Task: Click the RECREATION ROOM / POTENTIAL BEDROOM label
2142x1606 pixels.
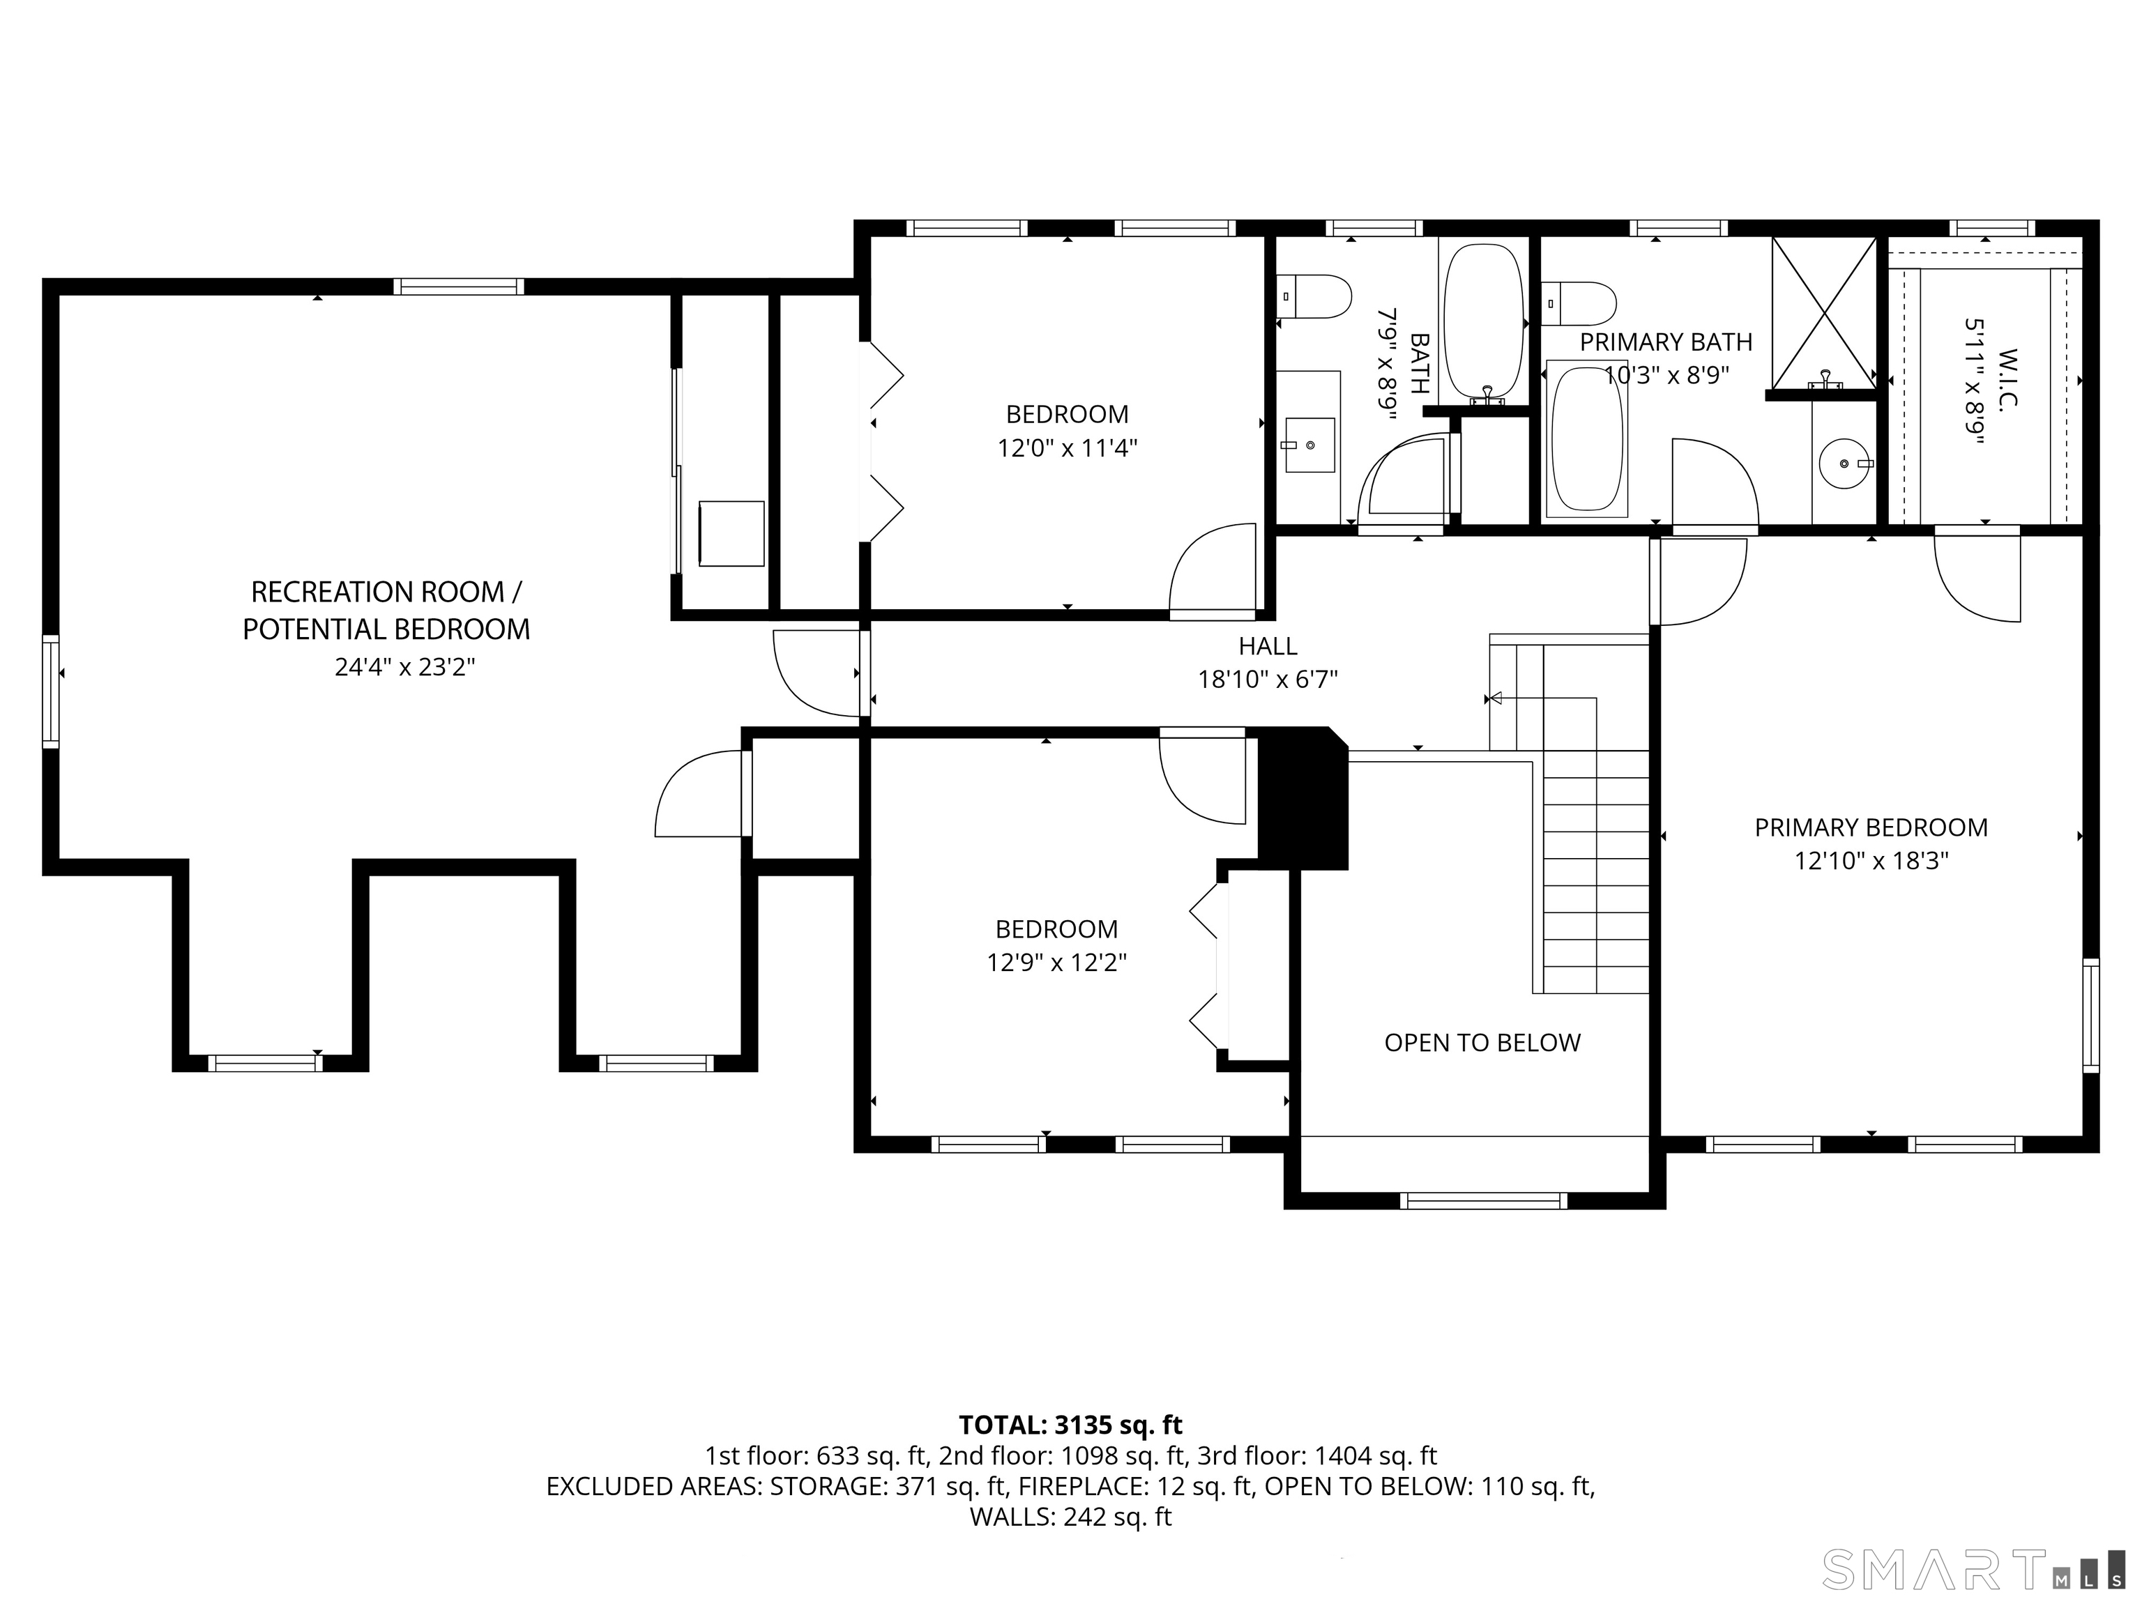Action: point(386,610)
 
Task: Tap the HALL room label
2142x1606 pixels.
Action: point(1268,645)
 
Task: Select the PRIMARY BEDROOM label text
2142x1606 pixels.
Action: point(1871,827)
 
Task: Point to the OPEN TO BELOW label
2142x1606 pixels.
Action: point(1482,1043)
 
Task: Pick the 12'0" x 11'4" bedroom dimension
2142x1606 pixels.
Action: point(1067,448)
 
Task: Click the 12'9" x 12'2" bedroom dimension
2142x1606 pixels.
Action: point(1056,963)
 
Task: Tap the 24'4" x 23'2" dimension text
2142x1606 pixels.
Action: point(405,667)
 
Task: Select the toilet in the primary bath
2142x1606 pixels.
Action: point(1579,303)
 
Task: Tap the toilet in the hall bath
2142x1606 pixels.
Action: point(1314,296)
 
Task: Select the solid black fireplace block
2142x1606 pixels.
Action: point(1303,799)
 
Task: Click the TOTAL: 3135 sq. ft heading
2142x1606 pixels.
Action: point(1070,1425)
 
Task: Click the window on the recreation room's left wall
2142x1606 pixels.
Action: point(50,691)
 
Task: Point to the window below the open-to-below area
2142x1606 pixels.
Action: point(1484,1201)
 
